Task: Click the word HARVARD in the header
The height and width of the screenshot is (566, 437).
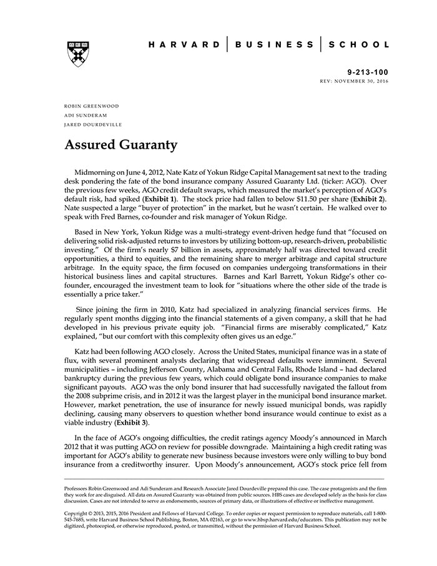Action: coord(185,44)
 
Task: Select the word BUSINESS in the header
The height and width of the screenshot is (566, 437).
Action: coord(275,44)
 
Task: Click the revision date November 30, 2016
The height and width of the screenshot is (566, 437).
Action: coord(363,82)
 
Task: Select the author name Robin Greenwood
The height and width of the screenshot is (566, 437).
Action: coord(91,106)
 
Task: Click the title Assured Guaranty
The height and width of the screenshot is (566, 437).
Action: coord(121,146)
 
